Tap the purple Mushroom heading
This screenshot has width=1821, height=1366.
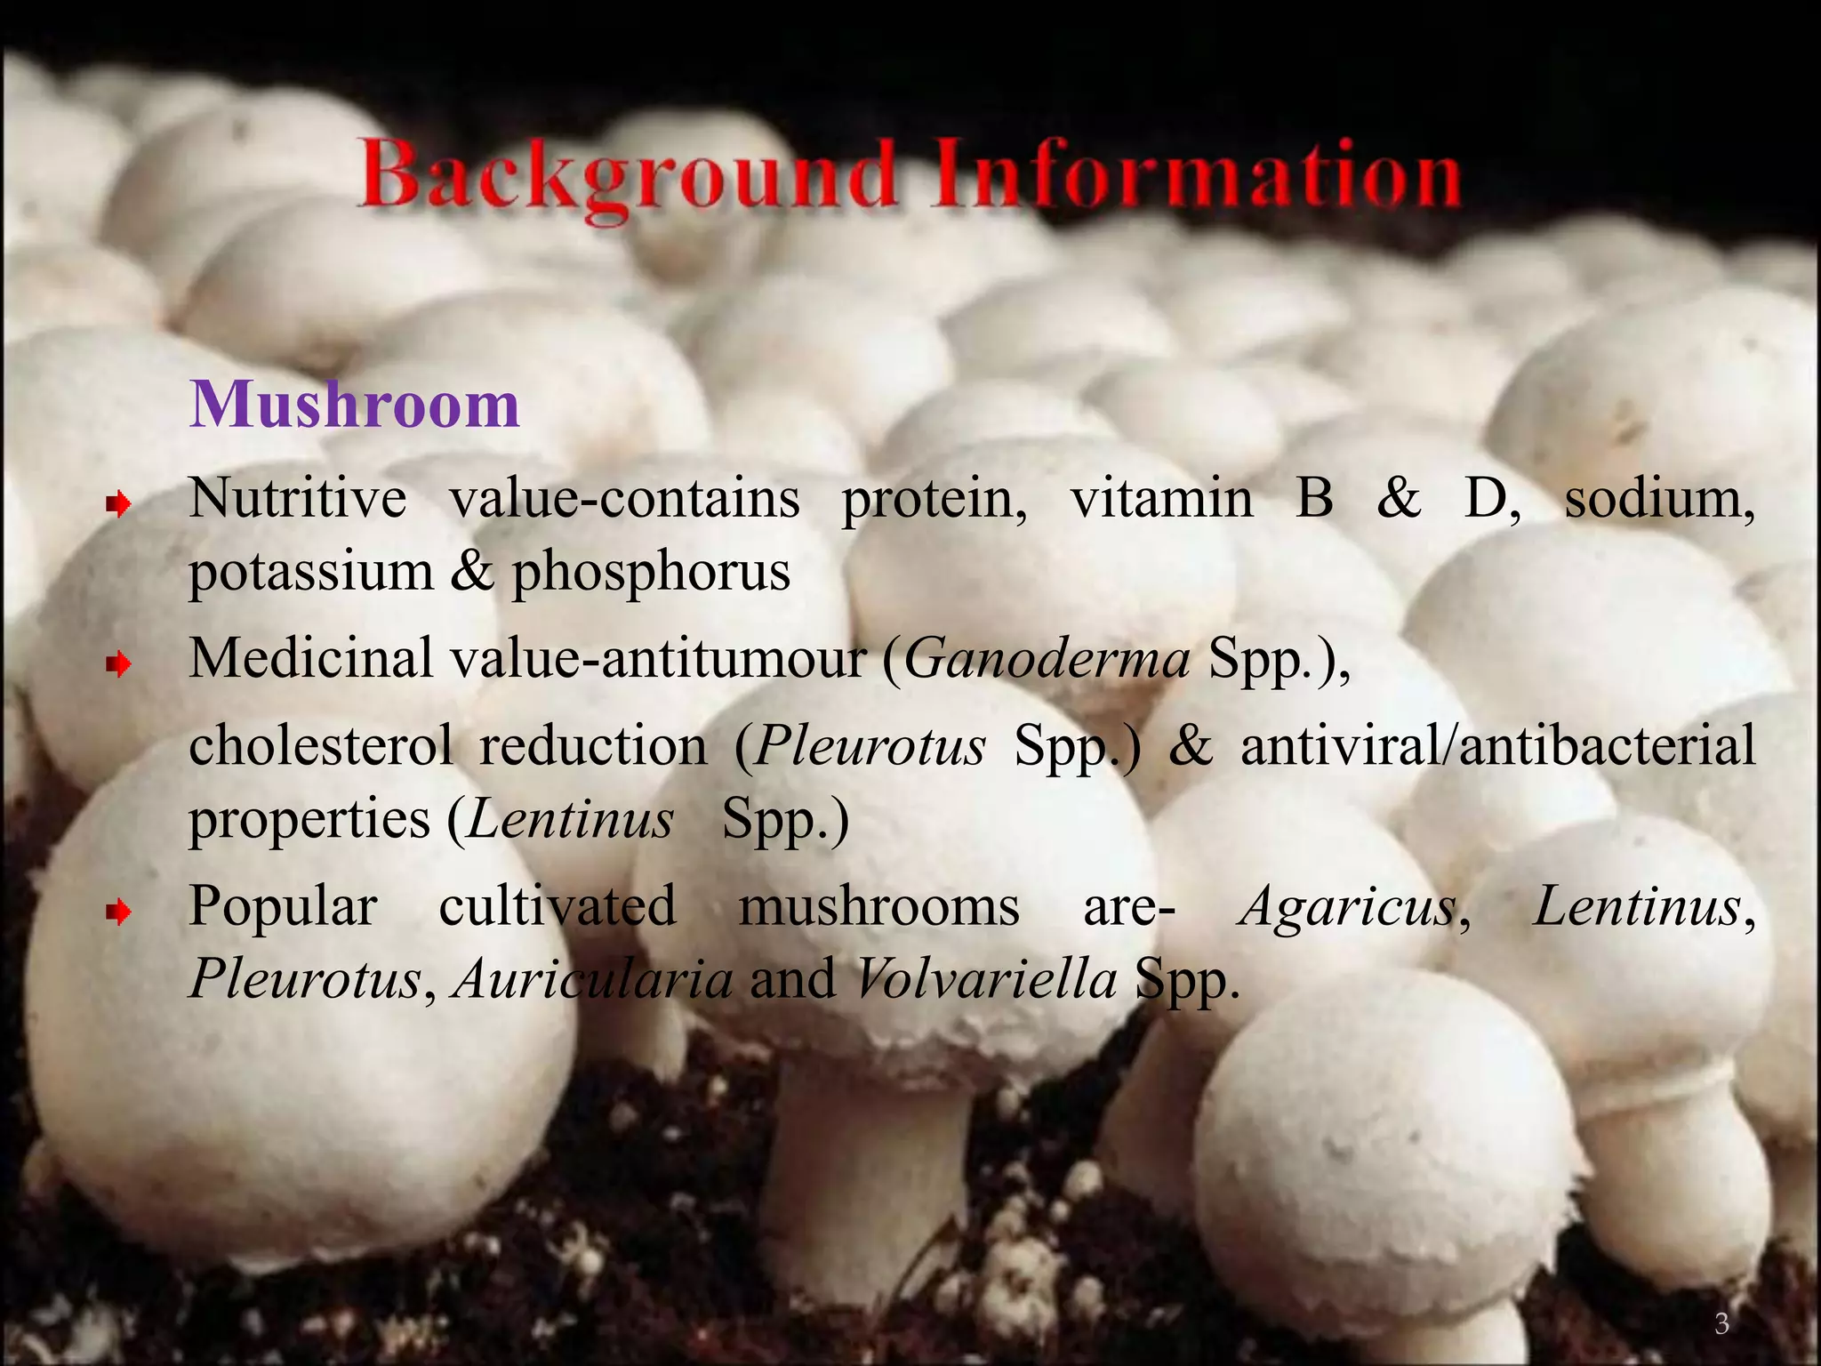[355, 406]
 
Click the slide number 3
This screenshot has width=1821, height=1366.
[1721, 1324]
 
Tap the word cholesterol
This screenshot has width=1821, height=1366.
[321, 745]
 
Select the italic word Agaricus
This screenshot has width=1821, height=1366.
[1348, 907]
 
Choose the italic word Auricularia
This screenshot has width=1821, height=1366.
[593, 980]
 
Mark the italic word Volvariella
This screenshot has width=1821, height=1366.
[985, 980]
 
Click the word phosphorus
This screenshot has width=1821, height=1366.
[651, 573]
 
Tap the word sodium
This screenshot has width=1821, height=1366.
[1658, 499]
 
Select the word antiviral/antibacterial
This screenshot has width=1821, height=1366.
[1497, 745]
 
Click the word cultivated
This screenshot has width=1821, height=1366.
[558, 907]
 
